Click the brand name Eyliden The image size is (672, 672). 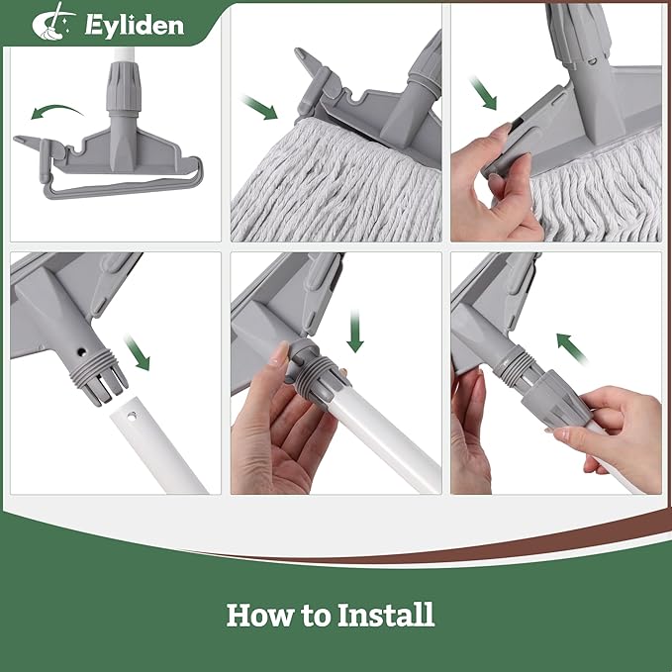click(134, 24)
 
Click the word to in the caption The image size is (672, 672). click(316, 616)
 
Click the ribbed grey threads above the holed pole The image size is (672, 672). click(96, 377)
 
